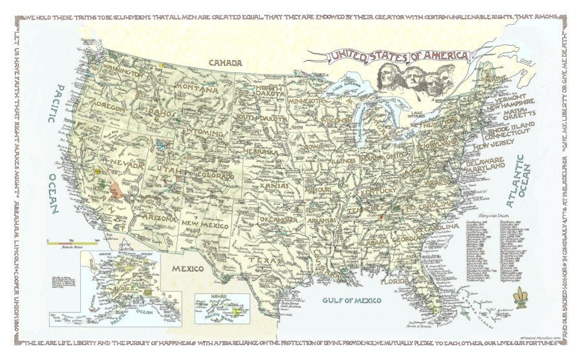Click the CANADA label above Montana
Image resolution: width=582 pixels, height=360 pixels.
pos(225,63)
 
